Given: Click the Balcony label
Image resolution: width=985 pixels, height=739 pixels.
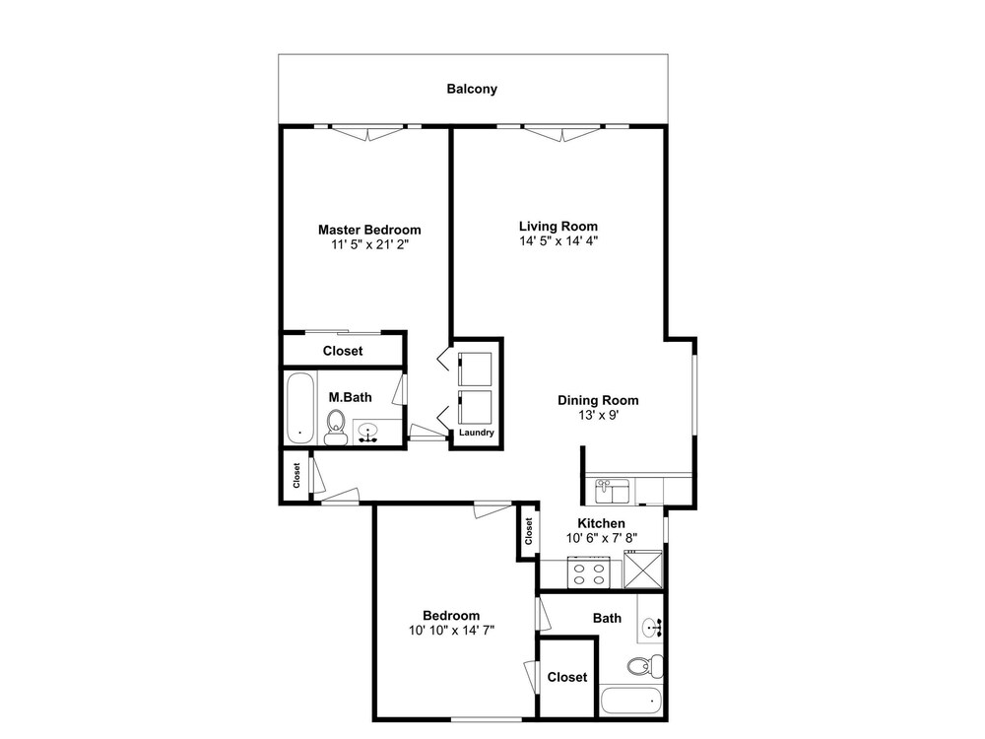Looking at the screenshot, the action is coord(472,89).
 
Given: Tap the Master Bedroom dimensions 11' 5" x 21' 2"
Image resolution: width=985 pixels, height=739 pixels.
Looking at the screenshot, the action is coord(370,244).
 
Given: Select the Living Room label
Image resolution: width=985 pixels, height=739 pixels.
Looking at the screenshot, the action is coord(558,227).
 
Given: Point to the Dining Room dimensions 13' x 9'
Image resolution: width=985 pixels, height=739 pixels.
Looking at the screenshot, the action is coord(599,415).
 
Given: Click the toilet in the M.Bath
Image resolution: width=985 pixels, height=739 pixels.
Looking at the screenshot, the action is coord(336,427).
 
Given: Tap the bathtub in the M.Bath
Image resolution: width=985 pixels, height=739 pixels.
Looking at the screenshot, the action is coord(299,408).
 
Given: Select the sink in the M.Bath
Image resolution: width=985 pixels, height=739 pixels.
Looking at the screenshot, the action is coord(367,432).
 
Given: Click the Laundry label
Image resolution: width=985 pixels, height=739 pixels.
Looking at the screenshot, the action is coord(476,433).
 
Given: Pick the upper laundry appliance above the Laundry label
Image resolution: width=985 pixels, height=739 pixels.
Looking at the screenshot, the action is coord(475,369).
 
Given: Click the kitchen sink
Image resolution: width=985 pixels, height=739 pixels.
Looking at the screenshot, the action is coord(612,492).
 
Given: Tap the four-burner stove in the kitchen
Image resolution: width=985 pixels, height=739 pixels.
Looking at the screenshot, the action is coord(589,571).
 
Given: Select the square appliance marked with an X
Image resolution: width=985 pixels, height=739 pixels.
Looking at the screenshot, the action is coord(642,570).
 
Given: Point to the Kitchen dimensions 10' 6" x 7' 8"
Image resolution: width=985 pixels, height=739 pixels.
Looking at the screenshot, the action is coord(601,538).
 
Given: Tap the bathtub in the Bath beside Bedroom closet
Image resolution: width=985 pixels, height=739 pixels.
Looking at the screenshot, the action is coord(630,701).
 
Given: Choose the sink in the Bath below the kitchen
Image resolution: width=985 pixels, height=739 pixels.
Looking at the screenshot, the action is coord(651,627).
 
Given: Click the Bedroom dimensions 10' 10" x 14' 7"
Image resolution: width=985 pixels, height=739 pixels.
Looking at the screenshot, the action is coord(452,631).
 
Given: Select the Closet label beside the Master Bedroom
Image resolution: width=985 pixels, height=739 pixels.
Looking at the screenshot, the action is coord(343,351).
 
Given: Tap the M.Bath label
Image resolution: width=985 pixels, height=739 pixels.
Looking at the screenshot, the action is coord(350,397).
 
